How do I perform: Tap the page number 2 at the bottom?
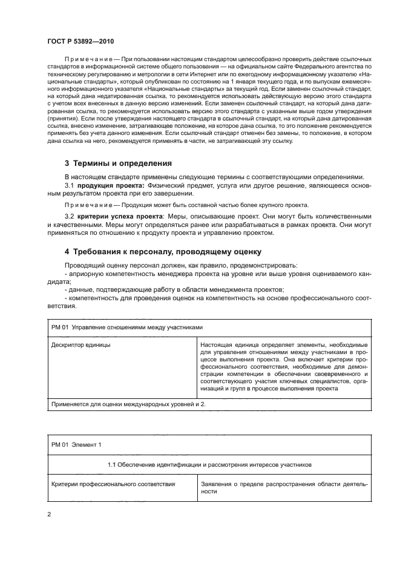coord(48,515)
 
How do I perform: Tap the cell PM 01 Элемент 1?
coord(77,445)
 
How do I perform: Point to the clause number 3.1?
coord(69,185)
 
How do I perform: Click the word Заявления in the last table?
coord(215,484)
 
